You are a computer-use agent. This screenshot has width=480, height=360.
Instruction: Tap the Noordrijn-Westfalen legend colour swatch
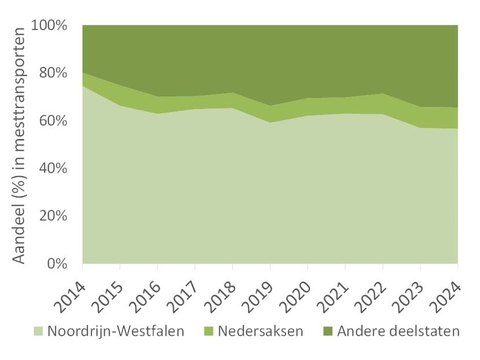(x=38, y=332)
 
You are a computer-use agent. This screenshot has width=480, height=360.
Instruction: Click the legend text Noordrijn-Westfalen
(x=116, y=332)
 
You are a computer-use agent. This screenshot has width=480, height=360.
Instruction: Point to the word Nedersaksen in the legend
(x=263, y=332)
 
